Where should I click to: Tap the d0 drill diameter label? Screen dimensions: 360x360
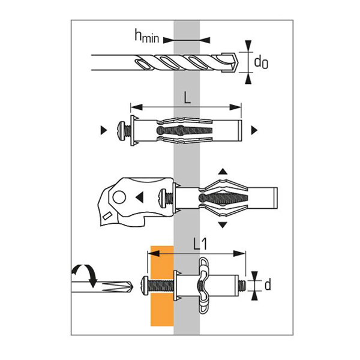click(x=260, y=61)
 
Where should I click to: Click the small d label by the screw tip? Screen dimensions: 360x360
click(x=267, y=284)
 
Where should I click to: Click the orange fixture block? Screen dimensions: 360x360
click(x=161, y=286)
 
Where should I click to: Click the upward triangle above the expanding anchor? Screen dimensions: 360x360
click(x=222, y=172)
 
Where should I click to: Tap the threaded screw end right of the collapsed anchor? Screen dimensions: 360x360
click(x=242, y=284)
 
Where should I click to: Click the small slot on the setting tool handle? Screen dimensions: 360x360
click(x=106, y=215)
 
